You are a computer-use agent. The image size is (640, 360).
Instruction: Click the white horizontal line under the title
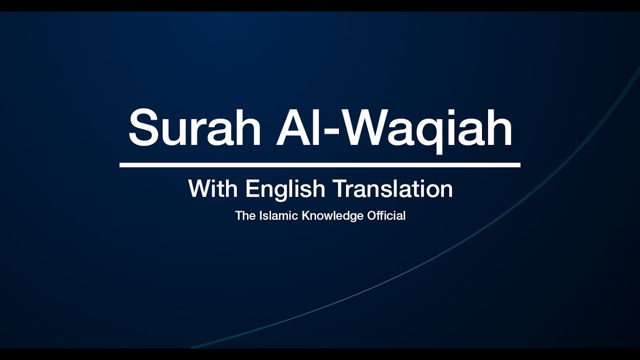320,164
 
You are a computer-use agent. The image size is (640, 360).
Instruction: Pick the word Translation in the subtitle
393,189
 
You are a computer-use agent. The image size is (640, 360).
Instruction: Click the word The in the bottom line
245,216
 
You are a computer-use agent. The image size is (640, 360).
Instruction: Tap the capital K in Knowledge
305,216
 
